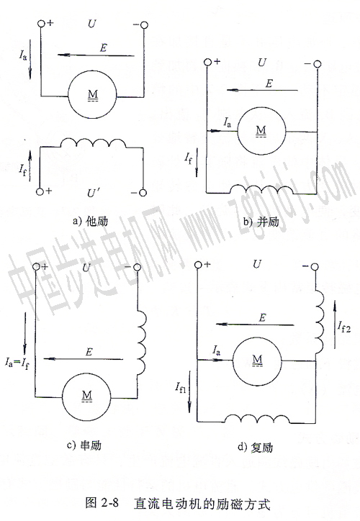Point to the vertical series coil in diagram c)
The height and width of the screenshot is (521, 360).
pos(142,343)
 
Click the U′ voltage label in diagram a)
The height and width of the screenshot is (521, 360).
pos(91,193)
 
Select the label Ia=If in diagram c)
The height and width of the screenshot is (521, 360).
pos(17,362)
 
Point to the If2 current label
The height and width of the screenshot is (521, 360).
pos(343,327)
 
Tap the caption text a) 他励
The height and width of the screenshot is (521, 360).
pos(90,221)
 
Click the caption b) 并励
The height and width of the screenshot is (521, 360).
pos(261,222)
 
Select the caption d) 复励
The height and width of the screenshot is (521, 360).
pos(255,447)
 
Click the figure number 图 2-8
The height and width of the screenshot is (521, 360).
pos(102,503)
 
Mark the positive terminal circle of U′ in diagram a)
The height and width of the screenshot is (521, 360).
pos(40,191)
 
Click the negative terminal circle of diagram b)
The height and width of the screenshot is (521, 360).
pos(318,64)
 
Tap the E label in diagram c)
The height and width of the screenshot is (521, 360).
pos(89,352)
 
